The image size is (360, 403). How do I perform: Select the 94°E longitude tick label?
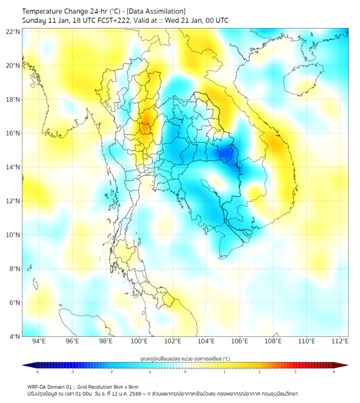coord(39,342)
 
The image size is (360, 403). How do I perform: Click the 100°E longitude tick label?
coord(140,342)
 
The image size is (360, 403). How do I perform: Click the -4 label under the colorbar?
coord(37,372)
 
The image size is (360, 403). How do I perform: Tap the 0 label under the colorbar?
coord(185,372)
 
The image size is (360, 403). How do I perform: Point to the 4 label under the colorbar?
coord(334,372)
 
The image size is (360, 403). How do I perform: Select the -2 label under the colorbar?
coord(111,372)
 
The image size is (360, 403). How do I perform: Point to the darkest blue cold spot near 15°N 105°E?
coord(225,153)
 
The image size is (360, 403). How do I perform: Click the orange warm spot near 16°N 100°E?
coord(144,127)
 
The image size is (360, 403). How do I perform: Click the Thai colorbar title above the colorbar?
coord(185,358)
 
